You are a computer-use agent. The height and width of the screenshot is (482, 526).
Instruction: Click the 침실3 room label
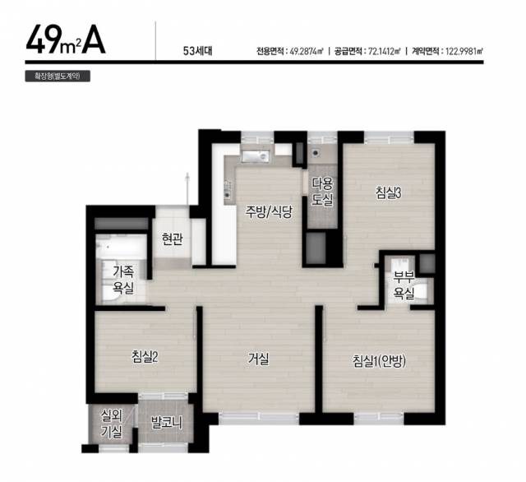[389, 193]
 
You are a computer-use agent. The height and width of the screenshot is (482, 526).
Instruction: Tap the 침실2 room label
[145, 357]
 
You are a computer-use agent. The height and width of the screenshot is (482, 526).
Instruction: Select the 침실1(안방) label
[380, 361]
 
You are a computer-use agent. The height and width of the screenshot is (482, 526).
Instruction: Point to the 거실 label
[258, 359]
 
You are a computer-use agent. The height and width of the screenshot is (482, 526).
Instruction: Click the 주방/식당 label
[269, 211]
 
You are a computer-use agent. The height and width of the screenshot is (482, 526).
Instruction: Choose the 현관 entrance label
[172, 239]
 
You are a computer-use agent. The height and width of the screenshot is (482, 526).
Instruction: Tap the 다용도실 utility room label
[322, 192]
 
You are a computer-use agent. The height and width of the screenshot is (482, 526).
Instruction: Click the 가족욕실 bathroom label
[123, 280]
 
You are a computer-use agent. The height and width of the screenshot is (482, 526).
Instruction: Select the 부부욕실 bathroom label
[404, 285]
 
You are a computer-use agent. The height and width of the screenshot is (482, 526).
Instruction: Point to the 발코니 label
[166, 423]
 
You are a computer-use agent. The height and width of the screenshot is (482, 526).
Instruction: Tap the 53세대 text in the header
[197, 51]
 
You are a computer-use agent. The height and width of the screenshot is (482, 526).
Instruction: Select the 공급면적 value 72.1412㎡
[385, 51]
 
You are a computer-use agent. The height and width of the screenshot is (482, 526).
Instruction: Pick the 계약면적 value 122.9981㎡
[464, 51]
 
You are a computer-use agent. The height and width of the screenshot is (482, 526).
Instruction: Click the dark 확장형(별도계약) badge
[58, 76]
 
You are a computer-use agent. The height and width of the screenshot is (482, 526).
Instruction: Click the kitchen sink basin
[255, 156]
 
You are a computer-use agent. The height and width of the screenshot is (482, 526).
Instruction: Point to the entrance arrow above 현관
[187, 189]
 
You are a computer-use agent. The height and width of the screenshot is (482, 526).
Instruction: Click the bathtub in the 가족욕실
[121, 246]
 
